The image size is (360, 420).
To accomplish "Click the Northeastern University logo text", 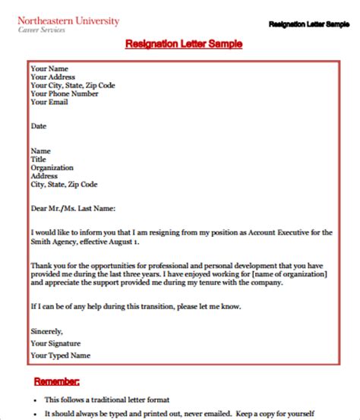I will [68, 21].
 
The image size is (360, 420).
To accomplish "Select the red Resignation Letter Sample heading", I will [184, 45].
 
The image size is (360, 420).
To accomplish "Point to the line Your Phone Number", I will [64, 95].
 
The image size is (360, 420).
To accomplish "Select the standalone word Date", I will [39, 125].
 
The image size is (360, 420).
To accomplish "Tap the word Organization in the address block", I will [52, 167].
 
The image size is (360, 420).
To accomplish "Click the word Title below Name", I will [39, 159].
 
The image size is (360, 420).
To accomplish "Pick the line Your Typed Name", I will [61, 333].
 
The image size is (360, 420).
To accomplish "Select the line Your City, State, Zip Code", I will [74, 86].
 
